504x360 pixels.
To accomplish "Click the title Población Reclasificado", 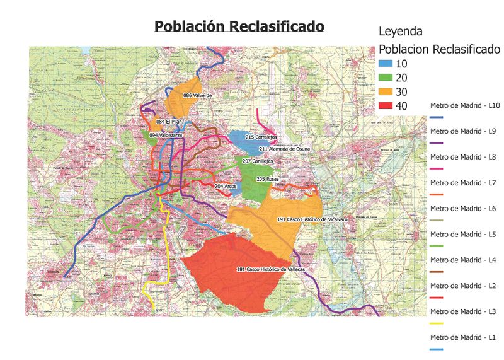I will coord(239,27).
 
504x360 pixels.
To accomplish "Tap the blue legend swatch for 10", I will coord(386,65).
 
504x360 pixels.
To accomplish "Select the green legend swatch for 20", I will coord(386,78).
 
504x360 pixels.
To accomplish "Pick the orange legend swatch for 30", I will coord(386,91).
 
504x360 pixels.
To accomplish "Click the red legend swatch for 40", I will coord(386,105).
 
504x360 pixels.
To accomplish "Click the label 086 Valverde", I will coord(197,95).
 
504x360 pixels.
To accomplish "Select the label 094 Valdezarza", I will coord(166,135).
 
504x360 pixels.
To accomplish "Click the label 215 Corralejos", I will coord(261,137).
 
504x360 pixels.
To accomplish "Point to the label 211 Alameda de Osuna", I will coord(285,149).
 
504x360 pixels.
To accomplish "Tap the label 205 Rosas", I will coord(267,179).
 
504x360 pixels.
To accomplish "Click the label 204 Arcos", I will coord(226,187).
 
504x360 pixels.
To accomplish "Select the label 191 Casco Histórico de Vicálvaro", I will coord(312,219).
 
